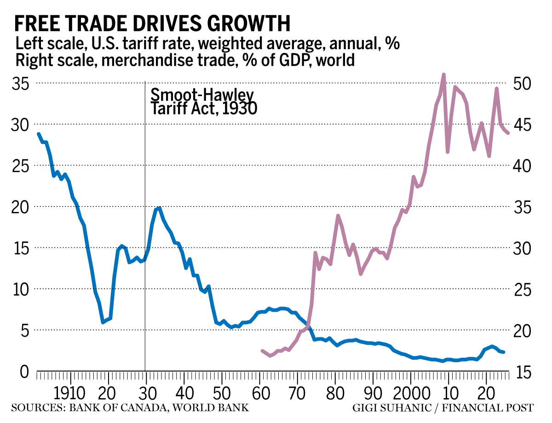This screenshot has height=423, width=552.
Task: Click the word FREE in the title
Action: pyautogui.click(x=37, y=23)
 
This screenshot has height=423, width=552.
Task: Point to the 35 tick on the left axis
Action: pyautogui.click(x=21, y=84)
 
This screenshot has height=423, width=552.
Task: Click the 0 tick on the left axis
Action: pyautogui.click(x=25, y=372)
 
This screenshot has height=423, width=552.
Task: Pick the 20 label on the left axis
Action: pyautogui.click(x=21, y=207)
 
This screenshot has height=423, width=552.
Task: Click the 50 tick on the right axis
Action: pyautogui.click(x=523, y=84)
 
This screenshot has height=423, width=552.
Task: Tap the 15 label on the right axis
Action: pyautogui.click(x=523, y=372)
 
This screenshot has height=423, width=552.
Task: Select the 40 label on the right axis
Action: pyautogui.click(x=523, y=166)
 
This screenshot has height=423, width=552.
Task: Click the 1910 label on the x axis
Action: pyautogui.click(x=69, y=394)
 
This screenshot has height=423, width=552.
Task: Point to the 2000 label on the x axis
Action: pyautogui.click(x=412, y=394)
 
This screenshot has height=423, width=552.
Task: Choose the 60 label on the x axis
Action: pyautogui.click(x=261, y=394)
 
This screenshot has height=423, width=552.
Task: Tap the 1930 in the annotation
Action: pyautogui.click(x=240, y=109)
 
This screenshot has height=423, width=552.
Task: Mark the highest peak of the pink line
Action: pyautogui.click(x=444, y=74)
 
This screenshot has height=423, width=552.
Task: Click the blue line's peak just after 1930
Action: pyautogui.click(x=159, y=208)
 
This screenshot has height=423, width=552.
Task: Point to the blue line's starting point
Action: pyautogui.click(x=39, y=134)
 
